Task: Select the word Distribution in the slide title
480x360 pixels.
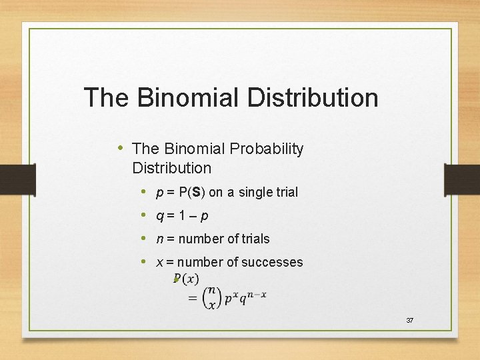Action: (x=313, y=98)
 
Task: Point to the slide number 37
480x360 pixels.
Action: (x=409, y=321)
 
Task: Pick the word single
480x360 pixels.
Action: (x=253, y=193)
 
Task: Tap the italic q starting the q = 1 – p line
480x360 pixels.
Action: (x=159, y=216)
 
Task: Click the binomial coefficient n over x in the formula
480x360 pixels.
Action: (x=211, y=298)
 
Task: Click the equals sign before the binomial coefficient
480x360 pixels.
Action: (x=193, y=299)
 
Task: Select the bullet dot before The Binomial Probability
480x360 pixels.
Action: (x=119, y=148)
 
